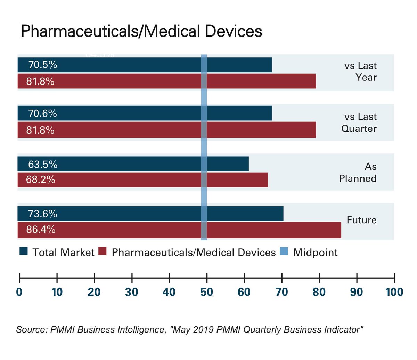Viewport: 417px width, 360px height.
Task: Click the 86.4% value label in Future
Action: (x=41, y=230)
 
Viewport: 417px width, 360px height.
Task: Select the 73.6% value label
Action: (x=42, y=214)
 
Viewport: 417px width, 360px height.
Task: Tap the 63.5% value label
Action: (x=42, y=164)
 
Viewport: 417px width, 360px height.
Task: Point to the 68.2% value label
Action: (x=41, y=180)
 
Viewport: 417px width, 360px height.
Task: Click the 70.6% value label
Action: (x=42, y=113)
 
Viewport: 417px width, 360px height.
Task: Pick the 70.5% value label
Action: (x=42, y=65)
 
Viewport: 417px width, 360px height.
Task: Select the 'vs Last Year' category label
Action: (x=360, y=71)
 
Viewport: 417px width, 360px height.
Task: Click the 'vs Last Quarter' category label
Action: (x=359, y=122)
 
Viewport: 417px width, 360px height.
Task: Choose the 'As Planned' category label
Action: (x=358, y=173)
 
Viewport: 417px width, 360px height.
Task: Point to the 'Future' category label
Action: (x=361, y=220)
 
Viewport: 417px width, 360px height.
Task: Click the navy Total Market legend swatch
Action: (x=23, y=251)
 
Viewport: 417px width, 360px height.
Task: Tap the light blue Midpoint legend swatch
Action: (x=284, y=251)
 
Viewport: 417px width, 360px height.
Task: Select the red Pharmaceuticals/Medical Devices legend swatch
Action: (x=103, y=251)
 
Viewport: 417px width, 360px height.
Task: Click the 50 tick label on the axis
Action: (x=206, y=292)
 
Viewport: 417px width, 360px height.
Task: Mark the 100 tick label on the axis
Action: (x=394, y=292)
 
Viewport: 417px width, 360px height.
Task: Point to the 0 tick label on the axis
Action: (x=19, y=292)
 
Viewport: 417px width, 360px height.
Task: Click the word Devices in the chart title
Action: (x=233, y=31)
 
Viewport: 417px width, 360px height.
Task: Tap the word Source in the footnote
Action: (x=31, y=329)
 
